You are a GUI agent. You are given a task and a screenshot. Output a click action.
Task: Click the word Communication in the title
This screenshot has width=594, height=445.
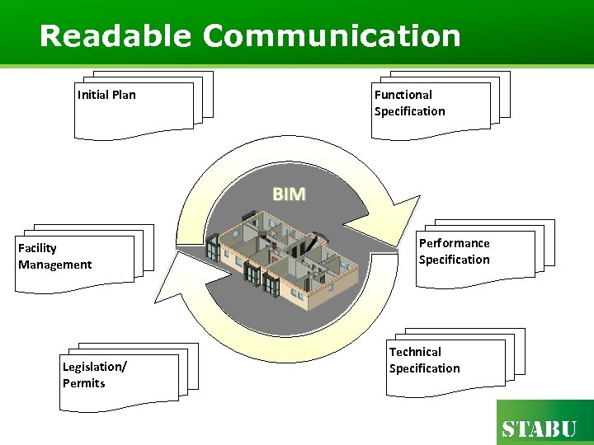click(x=332, y=35)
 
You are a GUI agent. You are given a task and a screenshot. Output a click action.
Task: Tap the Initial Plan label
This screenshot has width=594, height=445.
click(x=106, y=95)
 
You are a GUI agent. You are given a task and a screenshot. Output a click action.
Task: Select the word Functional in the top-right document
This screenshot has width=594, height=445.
click(x=403, y=95)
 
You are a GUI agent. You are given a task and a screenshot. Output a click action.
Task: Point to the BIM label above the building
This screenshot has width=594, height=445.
click(x=289, y=194)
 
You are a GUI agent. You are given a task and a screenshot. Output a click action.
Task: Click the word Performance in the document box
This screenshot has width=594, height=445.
click(x=454, y=243)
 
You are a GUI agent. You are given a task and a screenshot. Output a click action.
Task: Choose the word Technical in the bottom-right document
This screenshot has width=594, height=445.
click(x=415, y=352)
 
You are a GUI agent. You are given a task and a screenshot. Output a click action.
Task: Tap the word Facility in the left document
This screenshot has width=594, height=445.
click(x=37, y=248)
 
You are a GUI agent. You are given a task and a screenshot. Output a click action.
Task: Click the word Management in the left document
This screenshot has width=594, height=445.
click(x=54, y=265)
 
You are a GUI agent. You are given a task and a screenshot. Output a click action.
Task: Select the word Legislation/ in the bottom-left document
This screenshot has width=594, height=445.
click(x=94, y=367)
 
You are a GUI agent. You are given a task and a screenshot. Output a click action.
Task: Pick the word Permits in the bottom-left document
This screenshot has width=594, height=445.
click(x=83, y=383)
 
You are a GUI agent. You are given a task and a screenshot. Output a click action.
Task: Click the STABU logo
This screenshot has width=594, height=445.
click(x=540, y=429)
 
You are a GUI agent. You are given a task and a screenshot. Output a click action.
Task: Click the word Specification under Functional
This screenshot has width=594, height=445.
click(x=409, y=111)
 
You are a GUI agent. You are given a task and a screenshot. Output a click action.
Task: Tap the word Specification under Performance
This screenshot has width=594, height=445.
click(x=454, y=260)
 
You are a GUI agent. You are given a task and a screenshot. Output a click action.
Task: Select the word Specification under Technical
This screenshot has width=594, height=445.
click(x=424, y=368)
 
